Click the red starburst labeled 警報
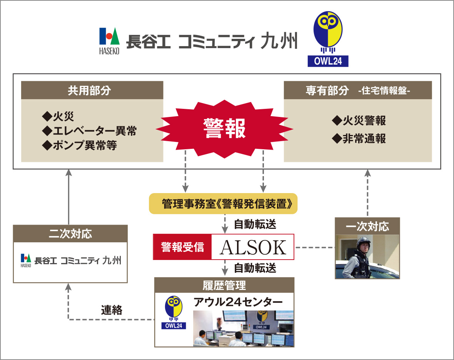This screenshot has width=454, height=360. coord(224,129)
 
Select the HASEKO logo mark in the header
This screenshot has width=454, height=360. coord(109,41)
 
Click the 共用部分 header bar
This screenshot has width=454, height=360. coord(92,90)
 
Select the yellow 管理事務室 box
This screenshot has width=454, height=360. coord(223,204)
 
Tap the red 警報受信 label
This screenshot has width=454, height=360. coord(182,247)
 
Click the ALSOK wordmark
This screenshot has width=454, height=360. coord(253,247)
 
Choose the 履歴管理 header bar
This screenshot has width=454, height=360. coord(224,285)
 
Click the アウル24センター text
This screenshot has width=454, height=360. coord(238,302)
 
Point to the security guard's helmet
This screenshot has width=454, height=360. coord(363,242)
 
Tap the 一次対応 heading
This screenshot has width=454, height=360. coord(367,226)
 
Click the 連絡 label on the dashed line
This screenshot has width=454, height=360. coord(112,310)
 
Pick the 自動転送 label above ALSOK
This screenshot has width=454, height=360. coord(255,224)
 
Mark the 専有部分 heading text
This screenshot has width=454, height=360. coord(327,91)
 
